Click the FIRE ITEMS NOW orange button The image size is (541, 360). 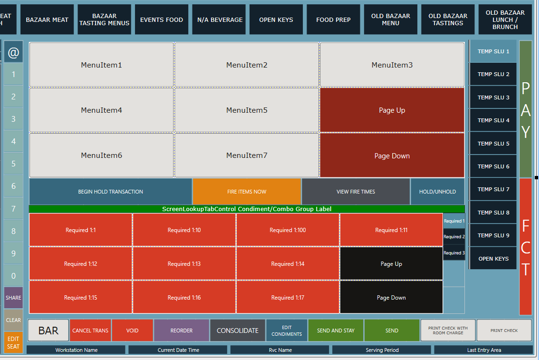[x=247, y=192]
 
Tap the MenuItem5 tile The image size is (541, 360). [x=247, y=110]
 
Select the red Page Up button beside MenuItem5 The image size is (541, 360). [x=392, y=110]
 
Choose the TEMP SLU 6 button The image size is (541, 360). [x=493, y=166]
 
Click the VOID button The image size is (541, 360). [x=132, y=331]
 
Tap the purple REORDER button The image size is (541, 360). [x=182, y=331]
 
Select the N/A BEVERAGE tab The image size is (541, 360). [x=219, y=19]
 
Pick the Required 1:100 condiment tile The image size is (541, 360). [x=288, y=230]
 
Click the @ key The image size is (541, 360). [x=13, y=52]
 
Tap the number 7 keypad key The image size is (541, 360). [x=13, y=208]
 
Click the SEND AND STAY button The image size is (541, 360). [x=336, y=331]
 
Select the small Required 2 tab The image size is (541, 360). [x=454, y=237]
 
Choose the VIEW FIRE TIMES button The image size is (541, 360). [x=356, y=192]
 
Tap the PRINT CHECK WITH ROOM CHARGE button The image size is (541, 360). [x=448, y=331]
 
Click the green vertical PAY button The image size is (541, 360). [x=525, y=109]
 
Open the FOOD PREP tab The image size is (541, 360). [x=333, y=19]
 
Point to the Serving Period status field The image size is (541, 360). [x=382, y=350]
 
